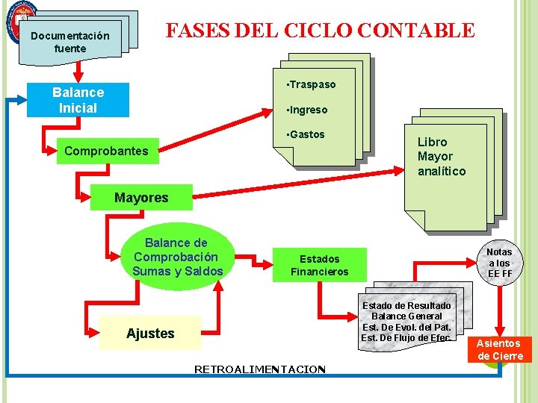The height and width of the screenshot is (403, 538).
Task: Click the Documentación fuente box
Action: click(x=70, y=42)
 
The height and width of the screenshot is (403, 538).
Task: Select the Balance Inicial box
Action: click(x=78, y=100)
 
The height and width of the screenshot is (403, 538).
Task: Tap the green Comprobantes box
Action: click(x=106, y=151)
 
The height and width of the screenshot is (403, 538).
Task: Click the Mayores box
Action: click(x=141, y=198)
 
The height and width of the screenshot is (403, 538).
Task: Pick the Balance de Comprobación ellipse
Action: click(x=177, y=257)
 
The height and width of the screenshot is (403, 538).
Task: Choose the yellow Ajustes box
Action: click(x=150, y=333)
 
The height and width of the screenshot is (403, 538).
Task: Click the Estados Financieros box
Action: click(x=319, y=265)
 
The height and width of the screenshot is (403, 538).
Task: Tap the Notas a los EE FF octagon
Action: click(x=500, y=263)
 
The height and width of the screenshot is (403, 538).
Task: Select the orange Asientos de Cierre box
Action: click(x=499, y=349)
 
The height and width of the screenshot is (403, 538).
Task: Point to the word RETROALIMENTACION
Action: click(x=259, y=369)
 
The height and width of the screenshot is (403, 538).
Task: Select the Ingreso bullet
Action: click(x=307, y=110)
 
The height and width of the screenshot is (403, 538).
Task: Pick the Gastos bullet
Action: click(x=306, y=134)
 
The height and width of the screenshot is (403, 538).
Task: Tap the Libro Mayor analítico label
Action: click(x=441, y=157)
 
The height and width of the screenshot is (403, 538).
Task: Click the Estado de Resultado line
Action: click(x=406, y=306)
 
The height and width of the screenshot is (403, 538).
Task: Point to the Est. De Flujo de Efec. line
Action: click(x=406, y=338)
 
